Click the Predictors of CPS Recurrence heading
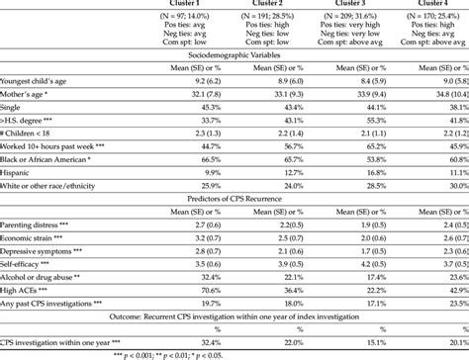[x=234, y=212]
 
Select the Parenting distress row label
[x=34, y=240]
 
